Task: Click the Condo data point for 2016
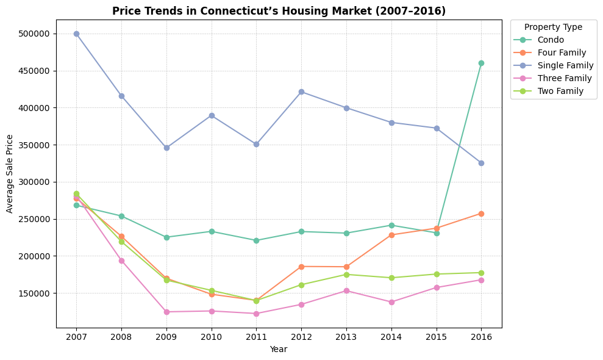click(481, 63)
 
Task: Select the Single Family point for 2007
click(76, 34)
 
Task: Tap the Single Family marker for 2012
click(301, 92)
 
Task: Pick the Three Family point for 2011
click(256, 314)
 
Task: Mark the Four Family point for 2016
click(481, 214)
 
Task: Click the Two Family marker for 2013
click(346, 275)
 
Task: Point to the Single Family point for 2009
click(166, 148)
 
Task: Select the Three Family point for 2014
click(391, 302)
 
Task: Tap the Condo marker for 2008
click(121, 216)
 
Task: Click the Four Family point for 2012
click(301, 267)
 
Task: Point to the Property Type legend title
click(553, 27)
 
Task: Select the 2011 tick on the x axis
click(256, 336)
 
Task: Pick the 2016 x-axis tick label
click(481, 336)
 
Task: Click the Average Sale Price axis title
click(10, 174)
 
